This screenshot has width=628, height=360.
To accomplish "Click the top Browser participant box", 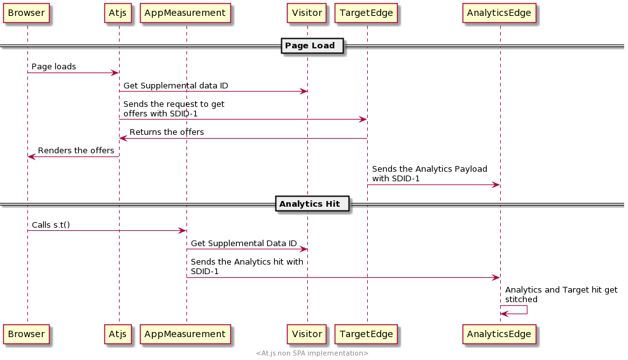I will (x=26, y=13).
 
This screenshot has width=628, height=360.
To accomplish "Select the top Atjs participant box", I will (x=118, y=13).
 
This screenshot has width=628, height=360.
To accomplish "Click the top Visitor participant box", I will (x=307, y=13).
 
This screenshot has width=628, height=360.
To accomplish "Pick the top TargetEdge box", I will (x=366, y=13).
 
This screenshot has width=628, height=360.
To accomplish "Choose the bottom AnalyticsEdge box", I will (x=499, y=334).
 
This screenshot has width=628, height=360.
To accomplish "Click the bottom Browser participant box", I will (x=26, y=334).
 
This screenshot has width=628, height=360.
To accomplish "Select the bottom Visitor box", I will (x=307, y=334).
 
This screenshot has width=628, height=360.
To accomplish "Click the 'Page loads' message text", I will (x=53, y=66).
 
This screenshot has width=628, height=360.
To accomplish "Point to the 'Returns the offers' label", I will (x=167, y=132).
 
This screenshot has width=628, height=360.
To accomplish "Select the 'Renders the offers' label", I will (x=76, y=151).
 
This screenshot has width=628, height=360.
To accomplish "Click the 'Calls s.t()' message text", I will (x=51, y=225).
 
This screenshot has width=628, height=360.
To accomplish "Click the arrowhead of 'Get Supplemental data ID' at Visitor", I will (x=304, y=92).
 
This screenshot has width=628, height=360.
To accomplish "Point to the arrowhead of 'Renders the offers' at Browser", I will (x=31, y=156).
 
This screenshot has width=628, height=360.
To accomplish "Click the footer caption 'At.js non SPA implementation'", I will (x=312, y=353).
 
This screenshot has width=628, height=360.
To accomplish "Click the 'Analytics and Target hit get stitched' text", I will (x=561, y=294).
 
